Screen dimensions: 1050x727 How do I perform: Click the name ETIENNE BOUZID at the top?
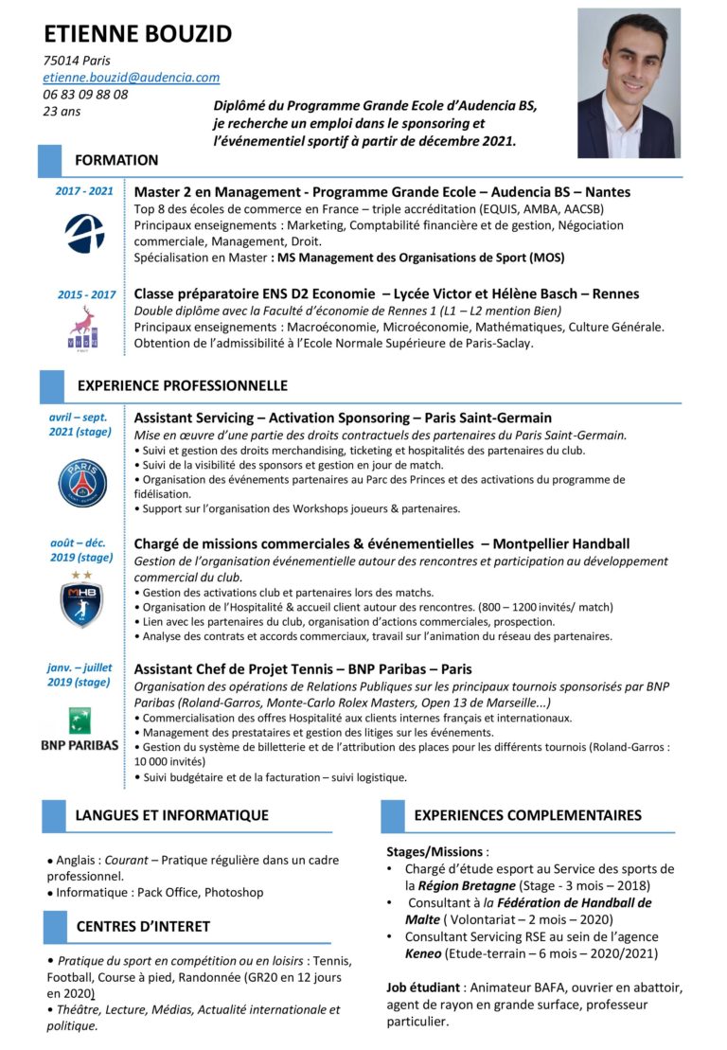click(x=137, y=34)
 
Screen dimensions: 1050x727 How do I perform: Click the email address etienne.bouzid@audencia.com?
click(x=132, y=78)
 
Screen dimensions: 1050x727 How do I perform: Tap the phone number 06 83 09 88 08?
click(x=85, y=94)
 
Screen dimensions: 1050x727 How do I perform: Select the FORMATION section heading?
click(x=116, y=160)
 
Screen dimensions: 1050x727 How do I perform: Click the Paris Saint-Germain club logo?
click(x=82, y=481)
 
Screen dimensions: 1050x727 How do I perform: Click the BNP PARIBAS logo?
click(x=80, y=729)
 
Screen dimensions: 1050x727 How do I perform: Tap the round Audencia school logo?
click(x=84, y=232)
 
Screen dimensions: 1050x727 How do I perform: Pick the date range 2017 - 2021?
click(x=84, y=191)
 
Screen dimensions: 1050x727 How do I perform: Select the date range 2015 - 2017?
click(x=86, y=294)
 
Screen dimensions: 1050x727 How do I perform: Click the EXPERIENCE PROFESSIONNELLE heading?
click(x=182, y=385)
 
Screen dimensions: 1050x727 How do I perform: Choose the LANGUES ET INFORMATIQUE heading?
click(x=171, y=814)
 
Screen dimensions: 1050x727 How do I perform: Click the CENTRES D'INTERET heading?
click(x=143, y=926)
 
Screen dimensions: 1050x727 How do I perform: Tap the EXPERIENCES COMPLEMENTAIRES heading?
click(x=527, y=814)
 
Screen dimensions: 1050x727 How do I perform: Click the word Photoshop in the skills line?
click(x=234, y=892)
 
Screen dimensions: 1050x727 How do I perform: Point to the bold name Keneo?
click(x=423, y=953)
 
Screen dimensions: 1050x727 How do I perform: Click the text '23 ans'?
click(x=62, y=111)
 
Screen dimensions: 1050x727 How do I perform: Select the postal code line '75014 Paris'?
click(x=77, y=61)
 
